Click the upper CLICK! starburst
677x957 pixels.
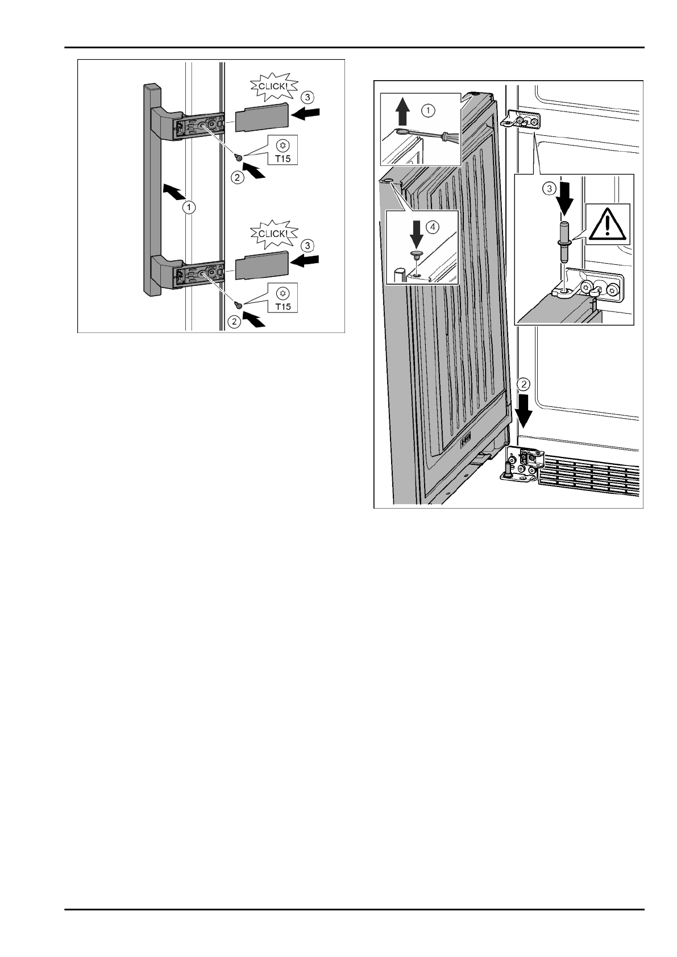[x=270, y=87]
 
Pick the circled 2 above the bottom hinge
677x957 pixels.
[x=524, y=384]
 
